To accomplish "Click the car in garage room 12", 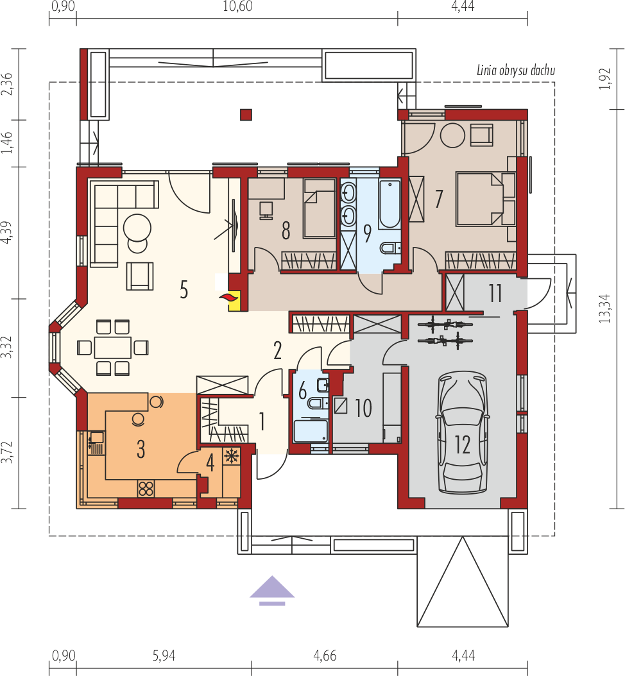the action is point(463,432).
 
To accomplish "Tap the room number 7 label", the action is point(439,199).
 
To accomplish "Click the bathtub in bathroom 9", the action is point(390,205).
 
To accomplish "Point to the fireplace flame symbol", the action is point(229,297).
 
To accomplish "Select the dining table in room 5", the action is point(113,348).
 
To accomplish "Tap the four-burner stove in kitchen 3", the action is point(146,489).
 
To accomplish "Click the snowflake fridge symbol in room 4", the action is point(232,456).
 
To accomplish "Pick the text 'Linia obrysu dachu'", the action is point(516,71).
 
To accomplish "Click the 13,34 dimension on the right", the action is point(605,308).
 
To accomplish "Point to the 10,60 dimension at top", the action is point(237,6).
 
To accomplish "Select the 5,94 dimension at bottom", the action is point(164,655).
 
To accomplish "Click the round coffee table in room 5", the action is point(137,228).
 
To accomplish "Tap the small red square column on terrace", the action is point(246,115).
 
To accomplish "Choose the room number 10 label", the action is point(363,408).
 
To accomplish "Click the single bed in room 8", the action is point(320,208).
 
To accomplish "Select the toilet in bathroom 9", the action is point(390,248).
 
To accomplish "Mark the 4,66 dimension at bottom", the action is point(325,655).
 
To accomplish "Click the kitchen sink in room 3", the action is point(96,437).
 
